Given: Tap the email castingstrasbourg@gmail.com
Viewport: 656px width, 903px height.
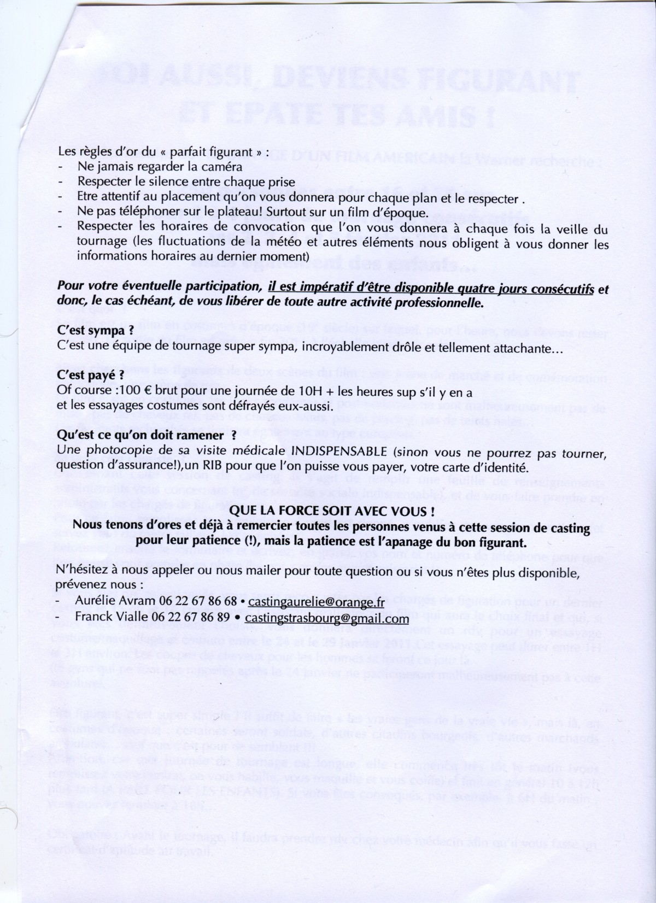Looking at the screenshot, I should click(327, 618).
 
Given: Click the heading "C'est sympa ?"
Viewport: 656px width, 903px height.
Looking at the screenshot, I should click(95, 332).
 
